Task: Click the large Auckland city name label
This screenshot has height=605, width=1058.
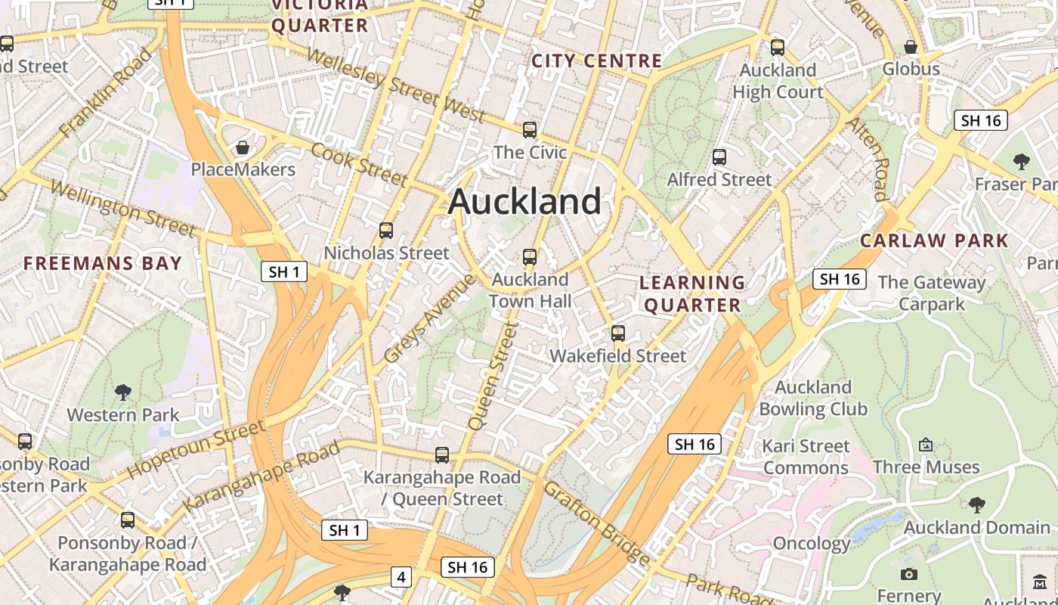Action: (x=525, y=202)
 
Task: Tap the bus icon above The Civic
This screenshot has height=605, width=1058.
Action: (x=530, y=129)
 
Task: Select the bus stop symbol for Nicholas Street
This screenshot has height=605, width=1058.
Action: (x=386, y=230)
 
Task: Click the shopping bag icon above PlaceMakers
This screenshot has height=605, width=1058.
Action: (x=243, y=147)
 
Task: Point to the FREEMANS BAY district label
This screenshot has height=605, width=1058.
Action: (x=103, y=263)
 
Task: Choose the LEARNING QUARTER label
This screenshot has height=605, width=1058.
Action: (x=692, y=293)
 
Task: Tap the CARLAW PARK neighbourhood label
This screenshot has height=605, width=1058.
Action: (x=934, y=241)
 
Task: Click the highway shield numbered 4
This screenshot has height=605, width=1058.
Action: (x=401, y=578)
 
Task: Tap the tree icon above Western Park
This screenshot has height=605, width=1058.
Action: (x=123, y=392)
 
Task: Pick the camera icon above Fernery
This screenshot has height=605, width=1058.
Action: (x=910, y=574)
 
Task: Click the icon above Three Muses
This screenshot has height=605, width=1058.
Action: (x=926, y=445)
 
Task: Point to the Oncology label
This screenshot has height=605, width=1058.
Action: (x=812, y=543)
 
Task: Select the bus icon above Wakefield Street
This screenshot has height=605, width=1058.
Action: (x=618, y=333)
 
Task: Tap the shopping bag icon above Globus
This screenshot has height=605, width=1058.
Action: (x=911, y=47)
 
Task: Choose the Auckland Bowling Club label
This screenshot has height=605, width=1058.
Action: (x=813, y=399)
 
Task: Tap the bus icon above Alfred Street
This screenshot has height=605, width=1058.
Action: (x=719, y=157)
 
